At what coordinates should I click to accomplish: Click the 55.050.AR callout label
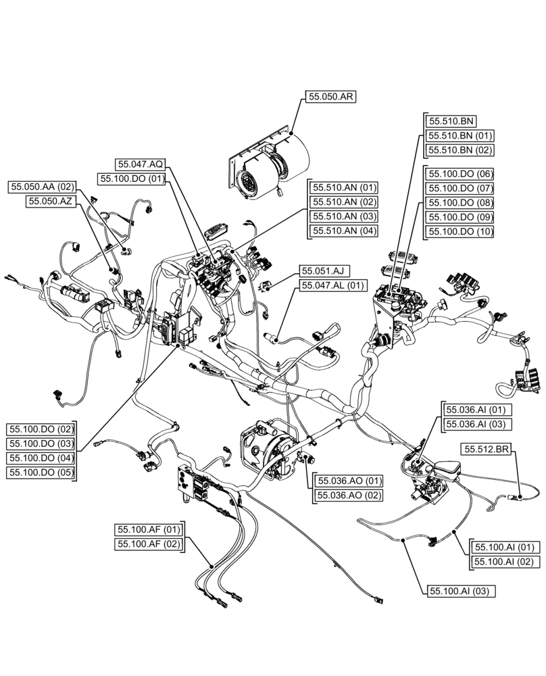point(330,97)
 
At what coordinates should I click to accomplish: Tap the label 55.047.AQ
point(141,164)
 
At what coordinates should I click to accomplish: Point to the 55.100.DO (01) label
point(132,179)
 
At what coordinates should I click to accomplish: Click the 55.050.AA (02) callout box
point(43,187)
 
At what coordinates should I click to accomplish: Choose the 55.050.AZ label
point(51,201)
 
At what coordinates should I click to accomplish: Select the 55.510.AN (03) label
point(344,217)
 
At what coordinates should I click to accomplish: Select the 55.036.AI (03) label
point(478,425)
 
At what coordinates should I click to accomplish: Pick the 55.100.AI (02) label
point(505,562)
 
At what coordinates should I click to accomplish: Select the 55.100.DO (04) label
point(40,458)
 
